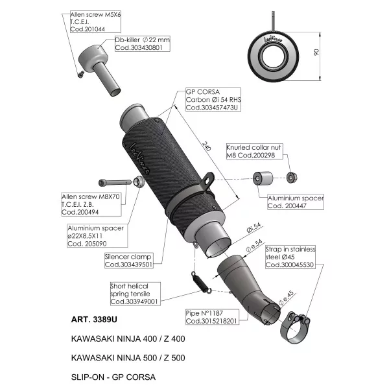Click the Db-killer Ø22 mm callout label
pyautogui.click(x=143, y=43)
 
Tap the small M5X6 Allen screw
pyautogui.click(x=81, y=74)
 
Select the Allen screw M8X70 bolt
pyautogui.click(x=115, y=183)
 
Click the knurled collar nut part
pyautogui.click(x=292, y=178)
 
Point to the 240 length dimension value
pyautogui.click(x=206, y=146)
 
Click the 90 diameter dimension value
pyautogui.click(x=316, y=52)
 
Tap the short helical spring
pyautogui.click(x=201, y=283)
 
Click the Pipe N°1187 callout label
pyautogui.click(x=213, y=317)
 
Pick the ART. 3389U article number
pyautogui.click(x=94, y=320)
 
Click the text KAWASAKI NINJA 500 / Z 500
pyautogui.click(x=128, y=358)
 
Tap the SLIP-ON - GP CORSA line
pyautogui.click(x=113, y=377)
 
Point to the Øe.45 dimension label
pyautogui.click(x=286, y=298)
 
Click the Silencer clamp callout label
pyautogui.click(x=128, y=261)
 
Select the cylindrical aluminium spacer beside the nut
pyautogui.click(x=263, y=178)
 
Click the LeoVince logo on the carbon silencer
pyautogui.click(x=139, y=159)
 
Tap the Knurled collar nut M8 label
pyautogui.click(x=254, y=151)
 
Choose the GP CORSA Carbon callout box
pyautogui.click(x=213, y=99)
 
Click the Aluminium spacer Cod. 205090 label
pyautogui.click(x=97, y=236)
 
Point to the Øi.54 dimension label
pyautogui.click(x=253, y=228)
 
